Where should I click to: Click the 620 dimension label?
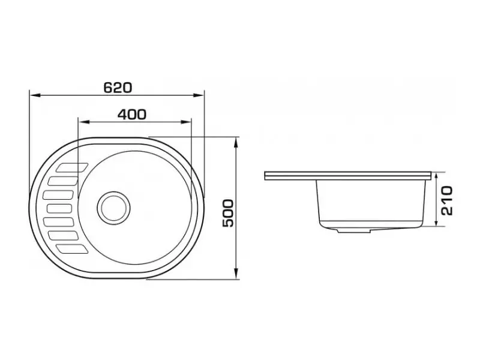(x=118, y=88)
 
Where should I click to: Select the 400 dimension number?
(x=132, y=115)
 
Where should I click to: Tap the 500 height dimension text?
(x=228, y=213)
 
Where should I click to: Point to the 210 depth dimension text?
(x=447, y=200)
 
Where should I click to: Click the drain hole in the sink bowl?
(x=113, y=208)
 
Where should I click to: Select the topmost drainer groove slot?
(x=72, y=167)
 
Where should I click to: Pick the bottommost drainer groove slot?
(x=73, y=249)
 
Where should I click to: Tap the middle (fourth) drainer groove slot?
(x=60, y=208)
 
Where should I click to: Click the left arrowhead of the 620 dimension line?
(x=34, y=95)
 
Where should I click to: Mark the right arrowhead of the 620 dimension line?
(x=199, y=95)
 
